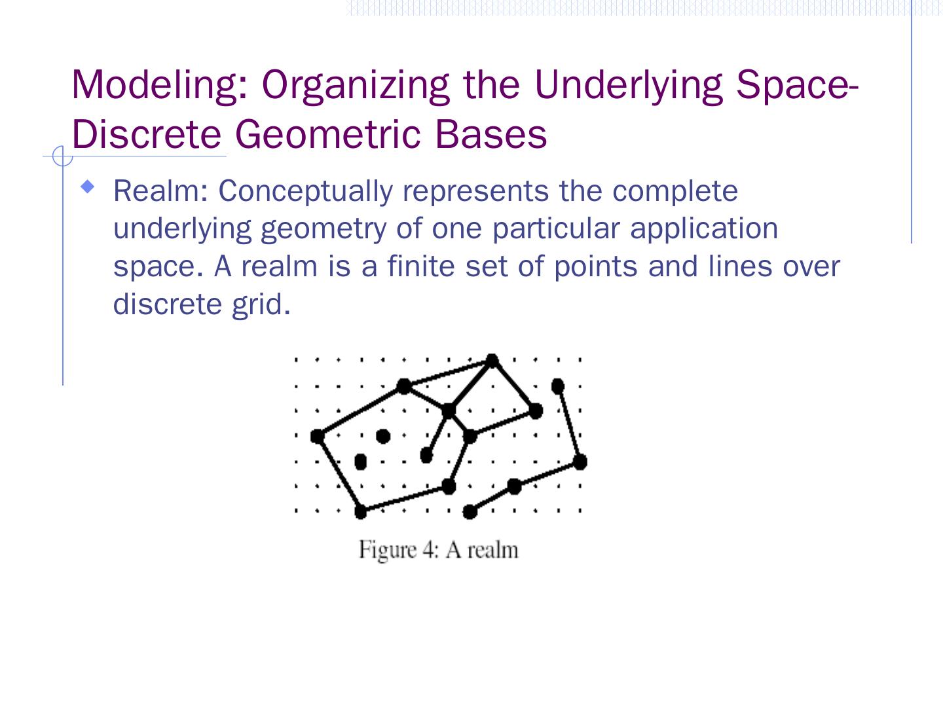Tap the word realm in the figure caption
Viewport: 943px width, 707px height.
492,550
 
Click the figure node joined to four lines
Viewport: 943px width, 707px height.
449,411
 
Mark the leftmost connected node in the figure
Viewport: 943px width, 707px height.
318,436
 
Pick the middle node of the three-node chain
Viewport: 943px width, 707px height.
515,486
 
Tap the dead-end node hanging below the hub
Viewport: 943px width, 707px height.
426,454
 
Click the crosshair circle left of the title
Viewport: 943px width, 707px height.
62,157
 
